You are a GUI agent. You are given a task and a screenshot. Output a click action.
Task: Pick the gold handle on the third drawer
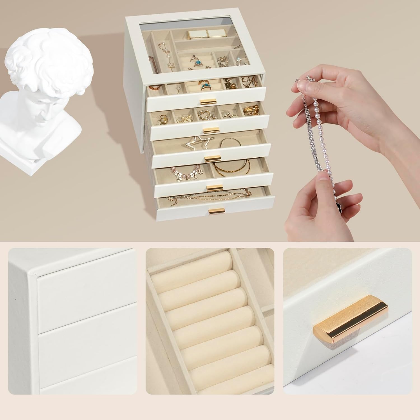pyautogui.click(x=210, y=159)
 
